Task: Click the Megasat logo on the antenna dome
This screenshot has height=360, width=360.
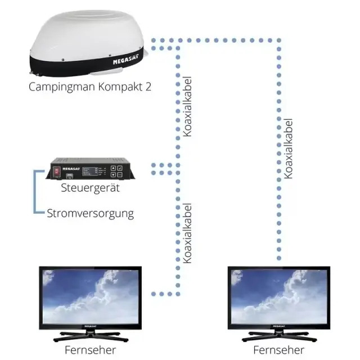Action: pos(126,60)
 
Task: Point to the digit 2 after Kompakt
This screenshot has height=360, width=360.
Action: pos(148,87)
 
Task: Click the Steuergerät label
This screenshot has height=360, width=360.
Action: pos(90,188)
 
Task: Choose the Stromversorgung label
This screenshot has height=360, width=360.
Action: pos(91,214)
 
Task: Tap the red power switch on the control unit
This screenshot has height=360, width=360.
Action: pos(56,171)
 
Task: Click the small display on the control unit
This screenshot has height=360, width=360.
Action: pos(90,171)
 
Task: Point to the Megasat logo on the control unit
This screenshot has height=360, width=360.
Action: pos(71,169)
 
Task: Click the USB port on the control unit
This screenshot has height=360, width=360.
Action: pos(70,176)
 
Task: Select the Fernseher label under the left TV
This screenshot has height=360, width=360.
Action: pos(90,350)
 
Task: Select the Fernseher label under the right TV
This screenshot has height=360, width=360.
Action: pos(279,350)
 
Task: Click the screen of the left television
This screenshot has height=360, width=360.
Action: pos(91,296)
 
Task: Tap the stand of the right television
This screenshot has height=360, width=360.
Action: pos(279,336)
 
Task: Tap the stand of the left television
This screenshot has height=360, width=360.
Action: pos(91,336)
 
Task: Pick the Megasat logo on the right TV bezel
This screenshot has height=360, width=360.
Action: pos(279,326)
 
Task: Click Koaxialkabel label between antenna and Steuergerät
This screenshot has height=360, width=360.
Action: pos(187,106)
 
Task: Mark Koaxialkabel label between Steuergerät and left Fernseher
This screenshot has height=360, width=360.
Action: pos(187,233)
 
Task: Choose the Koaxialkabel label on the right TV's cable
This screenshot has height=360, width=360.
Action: pos(288,148)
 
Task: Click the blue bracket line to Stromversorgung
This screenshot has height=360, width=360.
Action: pos(35,192)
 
